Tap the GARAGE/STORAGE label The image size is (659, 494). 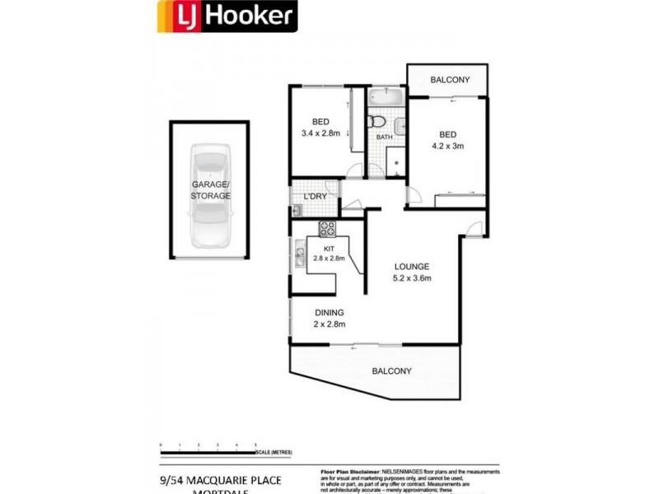click(x=211, y=190)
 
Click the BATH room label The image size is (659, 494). click(x=384, y=137)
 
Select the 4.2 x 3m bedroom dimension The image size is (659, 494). click(x=448, y=146)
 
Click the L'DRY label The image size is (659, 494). click(x=315, y=197)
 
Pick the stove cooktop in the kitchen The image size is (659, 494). click(x=327, y=228)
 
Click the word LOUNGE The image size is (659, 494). click(x=411, y=266)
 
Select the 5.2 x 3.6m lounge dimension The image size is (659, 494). click(x=411, y=277)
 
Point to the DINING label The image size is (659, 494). click(x=328, y=312)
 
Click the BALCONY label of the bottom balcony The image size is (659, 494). click(x=391, y=370)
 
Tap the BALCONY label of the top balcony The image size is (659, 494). click(x=450, y=80)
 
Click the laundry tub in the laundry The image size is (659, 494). click(x=296, y=212)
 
